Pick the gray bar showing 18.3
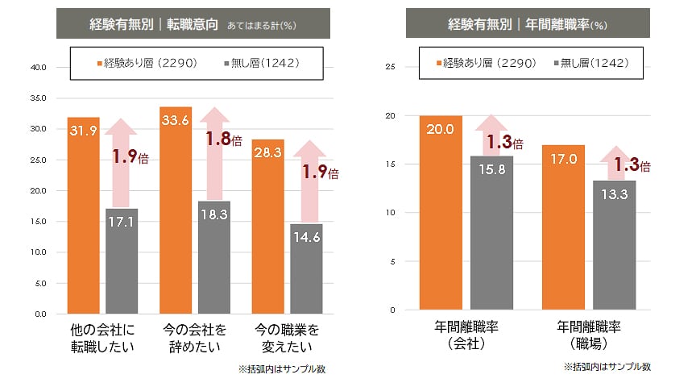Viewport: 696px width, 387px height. pos(213,257)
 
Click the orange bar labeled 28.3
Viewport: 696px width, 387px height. pos(267,226)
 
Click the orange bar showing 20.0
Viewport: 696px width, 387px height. pos(441,213)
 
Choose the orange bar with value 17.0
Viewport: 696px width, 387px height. pos(563,227)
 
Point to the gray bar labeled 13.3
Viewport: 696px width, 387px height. pos(614,245)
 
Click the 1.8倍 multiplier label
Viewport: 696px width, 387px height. pos(223,139)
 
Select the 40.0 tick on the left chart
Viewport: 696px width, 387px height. pos(38,67)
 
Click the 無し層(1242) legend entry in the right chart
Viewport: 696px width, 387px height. pos(590,62)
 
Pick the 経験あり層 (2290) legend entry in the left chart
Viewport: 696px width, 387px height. pos(142,62)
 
